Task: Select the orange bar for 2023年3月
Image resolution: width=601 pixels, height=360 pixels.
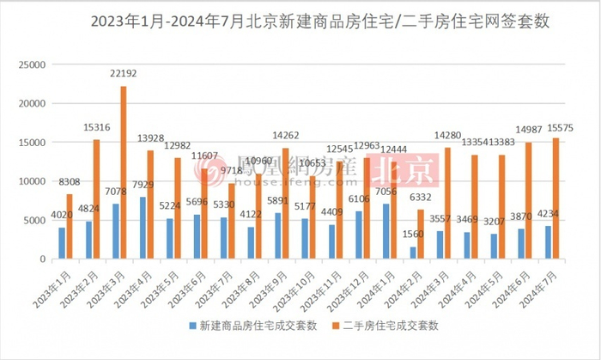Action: (124, 172)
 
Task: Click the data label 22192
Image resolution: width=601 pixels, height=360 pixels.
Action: (124, 76)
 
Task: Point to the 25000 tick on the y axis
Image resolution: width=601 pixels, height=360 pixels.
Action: (32, 64)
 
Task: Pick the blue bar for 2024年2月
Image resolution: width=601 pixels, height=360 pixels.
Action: (414, 253)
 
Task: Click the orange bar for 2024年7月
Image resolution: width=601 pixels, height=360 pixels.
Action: (555, 198)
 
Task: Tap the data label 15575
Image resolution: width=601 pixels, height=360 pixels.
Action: (559, 128)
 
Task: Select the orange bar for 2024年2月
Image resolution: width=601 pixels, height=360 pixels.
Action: (421, 234)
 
